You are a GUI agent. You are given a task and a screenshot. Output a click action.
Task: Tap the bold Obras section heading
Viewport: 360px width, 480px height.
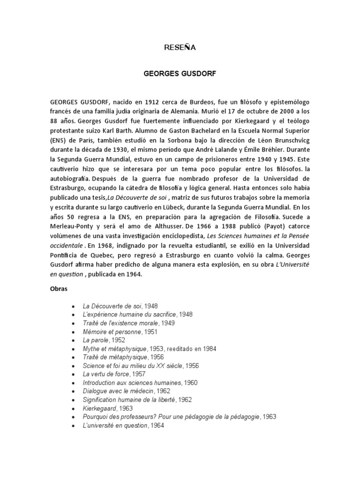click(59, 289)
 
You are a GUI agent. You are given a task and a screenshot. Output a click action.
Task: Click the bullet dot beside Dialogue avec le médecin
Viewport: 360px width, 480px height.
click(73, 391)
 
